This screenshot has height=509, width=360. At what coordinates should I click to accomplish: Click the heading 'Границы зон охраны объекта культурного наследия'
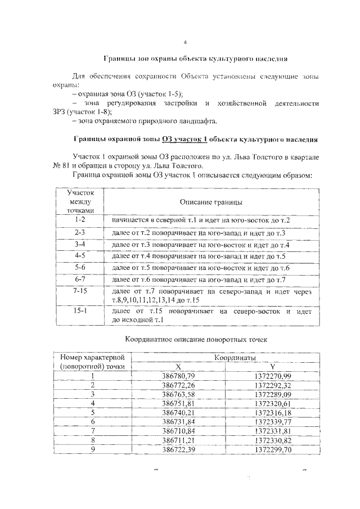pos(196,58)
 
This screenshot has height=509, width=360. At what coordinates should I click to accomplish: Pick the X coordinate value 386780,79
pos(178,375)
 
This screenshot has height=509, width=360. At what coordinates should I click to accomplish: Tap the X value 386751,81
pos(178,403)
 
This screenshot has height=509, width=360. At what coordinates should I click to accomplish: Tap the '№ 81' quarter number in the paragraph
pos(62,165)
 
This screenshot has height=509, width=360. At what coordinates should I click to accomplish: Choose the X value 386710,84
pos(178,432)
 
